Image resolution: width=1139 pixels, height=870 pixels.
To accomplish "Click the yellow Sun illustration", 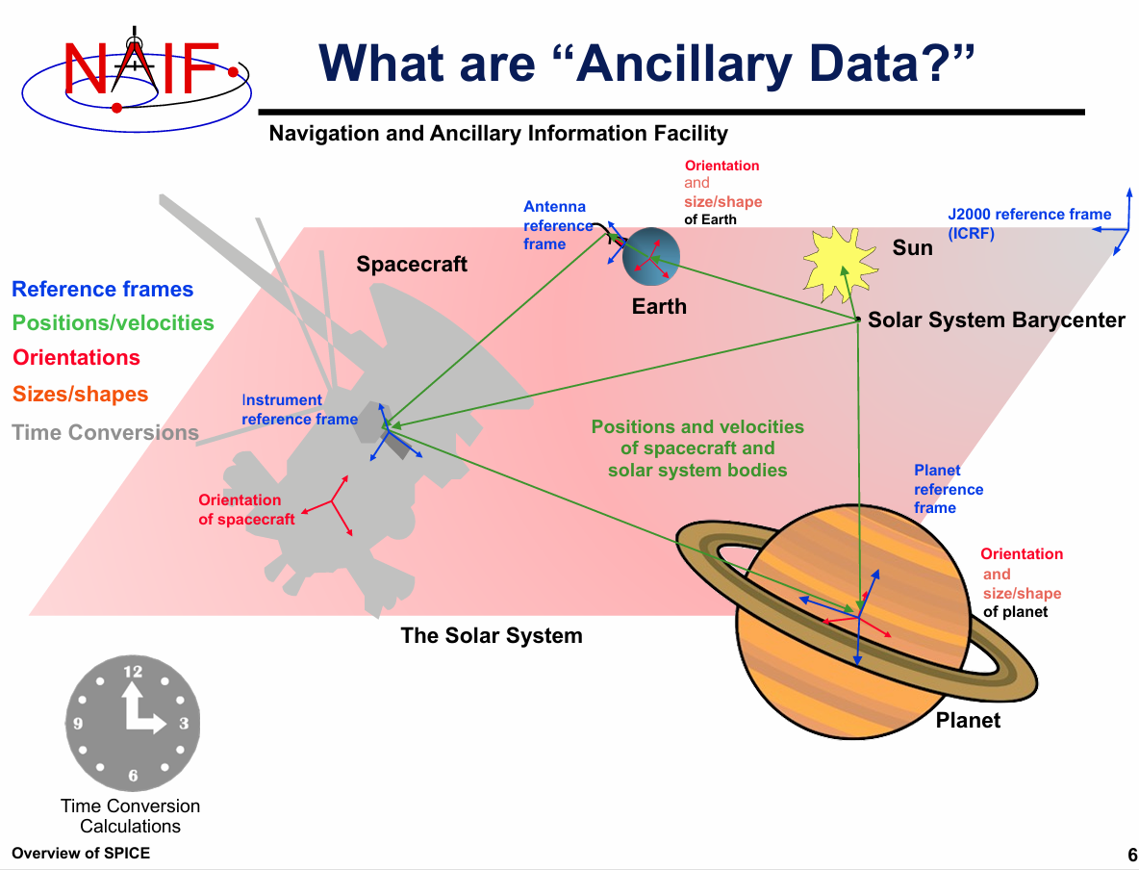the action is (x=840, y=264).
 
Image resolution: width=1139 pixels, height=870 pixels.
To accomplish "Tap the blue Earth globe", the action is (x=651, y=257).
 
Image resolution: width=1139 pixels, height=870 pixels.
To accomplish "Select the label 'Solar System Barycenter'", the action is (x=996, y=320).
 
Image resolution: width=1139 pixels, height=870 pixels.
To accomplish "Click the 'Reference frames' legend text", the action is (x=102, y=290).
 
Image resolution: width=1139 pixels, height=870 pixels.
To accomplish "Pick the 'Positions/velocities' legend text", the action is (x=114, y=322).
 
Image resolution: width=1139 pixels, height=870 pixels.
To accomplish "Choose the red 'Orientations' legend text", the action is (x=76, y=358).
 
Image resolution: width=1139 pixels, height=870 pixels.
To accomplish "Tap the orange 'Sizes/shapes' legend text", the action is (x=80, y=394).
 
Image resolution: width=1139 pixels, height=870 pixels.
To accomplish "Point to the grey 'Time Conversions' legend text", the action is (x=105, y=432).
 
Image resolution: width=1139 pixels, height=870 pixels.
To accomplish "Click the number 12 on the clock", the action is (x=133, y=672).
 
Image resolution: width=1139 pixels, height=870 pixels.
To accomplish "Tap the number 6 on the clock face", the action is (x=133, y=776).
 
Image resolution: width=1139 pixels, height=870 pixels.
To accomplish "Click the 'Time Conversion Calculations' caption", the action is (x=130, y=816).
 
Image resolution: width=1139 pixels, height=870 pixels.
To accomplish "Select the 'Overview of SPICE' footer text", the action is (x=81, y=854).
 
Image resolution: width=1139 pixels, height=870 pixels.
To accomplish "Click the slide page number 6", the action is (x=1131, y=855).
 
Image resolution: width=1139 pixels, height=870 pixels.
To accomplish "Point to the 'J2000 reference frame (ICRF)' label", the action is (x=1029, y=224).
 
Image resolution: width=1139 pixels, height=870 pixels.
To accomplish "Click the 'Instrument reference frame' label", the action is (x=299, y=410).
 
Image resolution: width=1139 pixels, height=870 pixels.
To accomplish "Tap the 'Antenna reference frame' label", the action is (x=558, y=225).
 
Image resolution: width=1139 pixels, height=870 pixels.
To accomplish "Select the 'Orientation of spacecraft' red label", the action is (x=246, y=509).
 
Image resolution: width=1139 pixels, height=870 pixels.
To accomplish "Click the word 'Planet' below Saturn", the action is (x=968, y=720).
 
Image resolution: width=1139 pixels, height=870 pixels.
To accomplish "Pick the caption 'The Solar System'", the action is (x=491, y=635).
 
